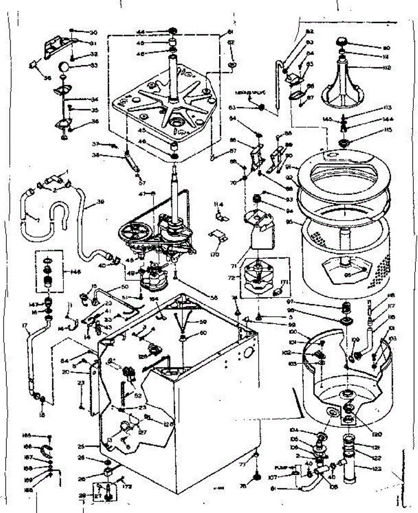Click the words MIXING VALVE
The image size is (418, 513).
click(251, 92)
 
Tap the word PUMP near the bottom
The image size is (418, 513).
click(282, 468)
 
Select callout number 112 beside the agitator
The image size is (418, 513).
click(376, 68)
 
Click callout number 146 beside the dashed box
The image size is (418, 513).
click(76, 271)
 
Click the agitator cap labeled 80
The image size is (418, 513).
click(342, 41)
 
